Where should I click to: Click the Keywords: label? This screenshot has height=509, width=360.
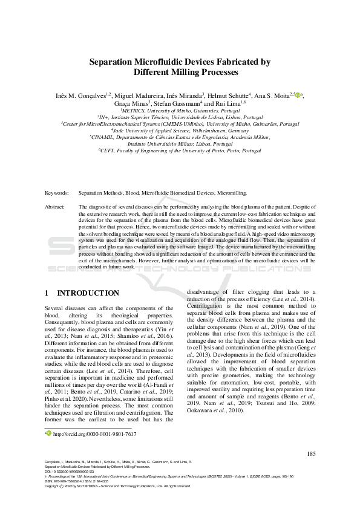pos(57,193)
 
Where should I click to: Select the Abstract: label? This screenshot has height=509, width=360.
pos(56,207)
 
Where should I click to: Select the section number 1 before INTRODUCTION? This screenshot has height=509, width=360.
pos(47,293)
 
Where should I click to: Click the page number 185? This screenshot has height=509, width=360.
pos(311,453)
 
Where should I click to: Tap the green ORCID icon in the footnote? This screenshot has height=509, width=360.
pos(49,433)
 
